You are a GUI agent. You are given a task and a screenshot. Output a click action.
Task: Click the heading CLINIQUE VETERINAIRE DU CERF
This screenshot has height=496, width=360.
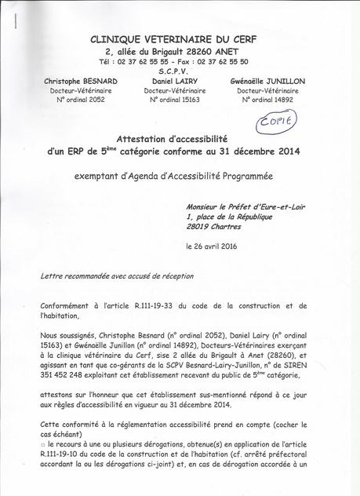click(x=173, y=39)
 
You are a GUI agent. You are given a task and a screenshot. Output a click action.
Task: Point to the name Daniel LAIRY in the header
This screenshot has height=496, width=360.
click(x=173, y=81)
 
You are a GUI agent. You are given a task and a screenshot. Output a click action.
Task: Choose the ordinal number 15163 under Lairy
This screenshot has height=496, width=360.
click(x=173, y=100)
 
